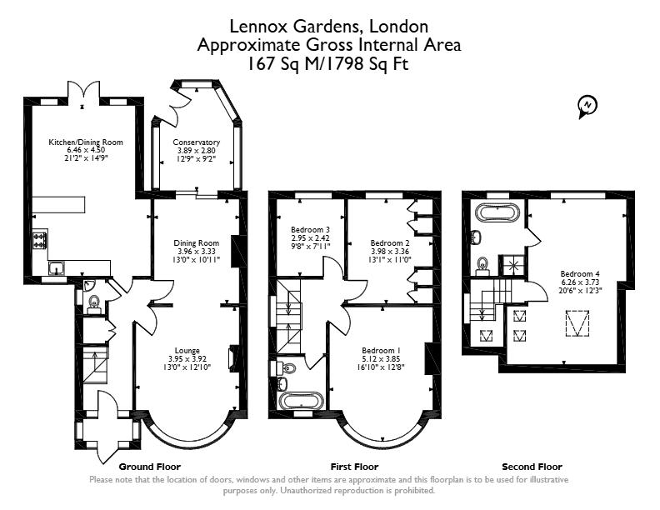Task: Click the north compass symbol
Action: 587,106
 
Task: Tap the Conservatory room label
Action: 196,142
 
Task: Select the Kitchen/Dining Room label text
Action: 86,142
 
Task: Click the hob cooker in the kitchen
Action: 40,240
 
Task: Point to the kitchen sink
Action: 57,268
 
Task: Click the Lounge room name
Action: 187,351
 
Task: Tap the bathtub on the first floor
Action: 301,400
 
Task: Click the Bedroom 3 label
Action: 310,230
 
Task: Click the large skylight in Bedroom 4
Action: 577,323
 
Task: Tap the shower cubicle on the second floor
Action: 512,265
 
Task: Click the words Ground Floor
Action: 150,467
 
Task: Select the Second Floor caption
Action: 532,467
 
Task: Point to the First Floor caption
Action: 354,467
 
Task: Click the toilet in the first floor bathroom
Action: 287,368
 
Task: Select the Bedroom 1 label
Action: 381,351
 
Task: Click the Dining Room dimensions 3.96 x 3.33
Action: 197,251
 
